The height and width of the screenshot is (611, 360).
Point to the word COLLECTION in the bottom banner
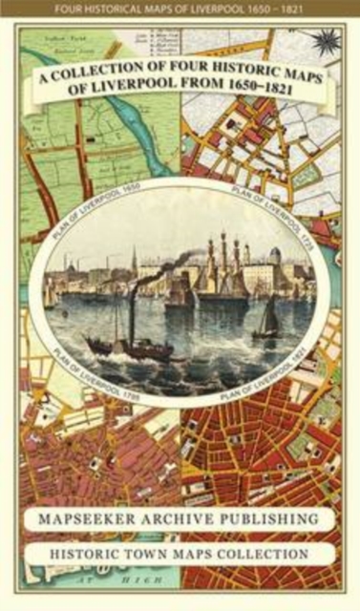pyautogui.click(x=262, y=554)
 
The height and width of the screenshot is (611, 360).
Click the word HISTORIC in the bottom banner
pyautogui.click(x=105, y=554)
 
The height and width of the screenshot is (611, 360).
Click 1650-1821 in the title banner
pyautogui.click(x=269, y=100)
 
